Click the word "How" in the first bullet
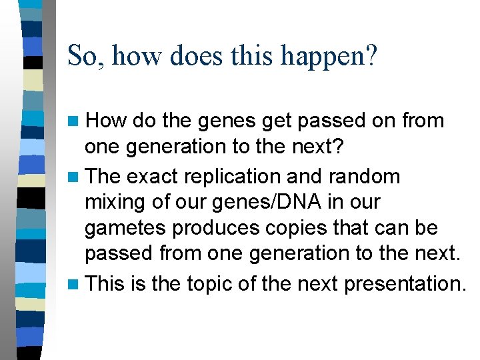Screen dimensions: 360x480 click(x=107, y=121)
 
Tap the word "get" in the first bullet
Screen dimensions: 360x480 click(x=279, y=121)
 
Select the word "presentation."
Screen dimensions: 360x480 click(x=405, y=284)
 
